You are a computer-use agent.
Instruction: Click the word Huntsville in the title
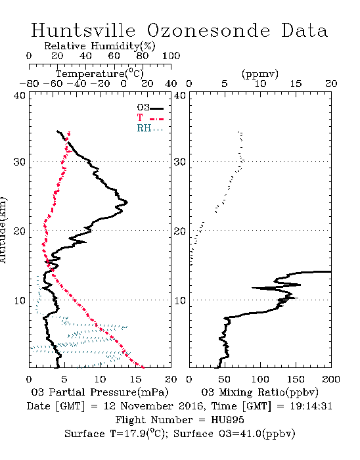click(x=83, y=30)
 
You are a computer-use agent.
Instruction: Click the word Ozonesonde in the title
click(x=208, y=30)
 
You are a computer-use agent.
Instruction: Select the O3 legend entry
click(x=150, y=108)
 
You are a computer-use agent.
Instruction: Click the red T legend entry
click(x=150, y=118)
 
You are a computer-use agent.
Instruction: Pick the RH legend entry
click(x=150, y=128)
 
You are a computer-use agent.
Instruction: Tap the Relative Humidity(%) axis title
click(x=100, y=46)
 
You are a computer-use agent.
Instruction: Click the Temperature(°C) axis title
click(x=100, y=74)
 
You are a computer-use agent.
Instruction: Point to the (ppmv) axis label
click(x=260, y=74)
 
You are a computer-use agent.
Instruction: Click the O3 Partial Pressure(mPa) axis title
click(x=100, y=392)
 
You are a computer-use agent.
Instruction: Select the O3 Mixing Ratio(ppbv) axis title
click(x=259, y=392)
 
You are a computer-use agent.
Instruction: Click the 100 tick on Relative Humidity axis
click(x=171, y=56)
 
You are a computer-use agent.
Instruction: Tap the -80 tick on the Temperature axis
click(x=29, y=83)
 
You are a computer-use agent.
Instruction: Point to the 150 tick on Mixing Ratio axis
click(x=296, y=379)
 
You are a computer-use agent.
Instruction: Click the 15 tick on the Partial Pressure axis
click(x=135, y=379)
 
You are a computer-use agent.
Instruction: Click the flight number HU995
click(x=227, y=420)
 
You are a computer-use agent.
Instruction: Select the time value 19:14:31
click(x=311, y=406)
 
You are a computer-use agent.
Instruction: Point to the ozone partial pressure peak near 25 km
click(x=127, y=202)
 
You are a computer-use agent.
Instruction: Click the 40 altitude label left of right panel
click(x=180, y=95)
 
